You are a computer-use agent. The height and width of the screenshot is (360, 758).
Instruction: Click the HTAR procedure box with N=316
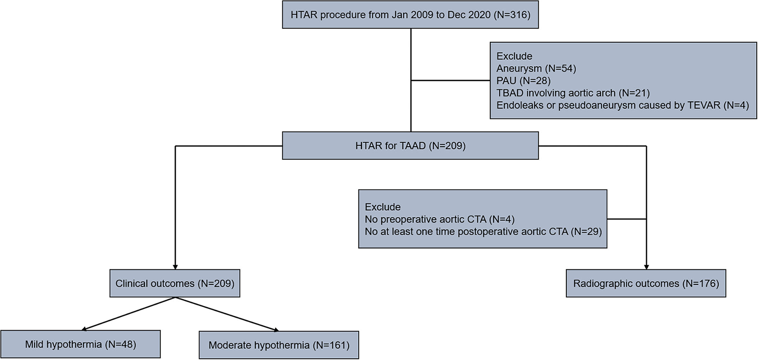[x=410, y=15]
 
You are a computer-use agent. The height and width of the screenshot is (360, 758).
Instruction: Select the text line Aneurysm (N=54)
[x=536, y=68]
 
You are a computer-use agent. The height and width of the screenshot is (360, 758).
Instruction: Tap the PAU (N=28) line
[x=523, y=81]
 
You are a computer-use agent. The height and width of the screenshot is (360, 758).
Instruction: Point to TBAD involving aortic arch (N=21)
[x=573, y=93]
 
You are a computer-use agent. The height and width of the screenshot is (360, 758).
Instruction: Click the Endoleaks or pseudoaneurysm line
[x=622, y=105]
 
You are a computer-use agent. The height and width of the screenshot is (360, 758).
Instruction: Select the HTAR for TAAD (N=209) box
[x=410, y=146]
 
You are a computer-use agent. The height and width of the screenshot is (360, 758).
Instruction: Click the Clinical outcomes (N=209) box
[x=175, y=283]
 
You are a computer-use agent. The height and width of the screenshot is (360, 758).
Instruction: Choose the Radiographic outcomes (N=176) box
[x=645, y=283]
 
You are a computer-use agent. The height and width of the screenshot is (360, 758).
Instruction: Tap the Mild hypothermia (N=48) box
[x=80, y=345]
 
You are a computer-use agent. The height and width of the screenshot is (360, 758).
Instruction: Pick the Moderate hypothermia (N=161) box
[x=279, y=345]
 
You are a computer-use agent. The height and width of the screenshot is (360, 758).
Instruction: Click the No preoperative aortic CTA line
[x=439, y=219]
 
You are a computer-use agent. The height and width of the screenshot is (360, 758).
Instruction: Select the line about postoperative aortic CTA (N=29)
[x=483, y=232]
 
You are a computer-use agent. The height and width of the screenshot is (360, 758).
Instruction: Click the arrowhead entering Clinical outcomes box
[x=175, y=267]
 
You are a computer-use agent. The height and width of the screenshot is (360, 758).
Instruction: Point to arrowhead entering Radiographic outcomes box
[x=646, y=267]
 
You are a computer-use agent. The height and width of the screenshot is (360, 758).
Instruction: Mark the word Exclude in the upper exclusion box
[x=514, y=56]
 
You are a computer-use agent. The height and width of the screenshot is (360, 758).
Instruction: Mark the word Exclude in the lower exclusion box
[x=382, y=207]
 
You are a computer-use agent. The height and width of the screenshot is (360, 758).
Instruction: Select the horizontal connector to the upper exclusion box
[x=450, y=80]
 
